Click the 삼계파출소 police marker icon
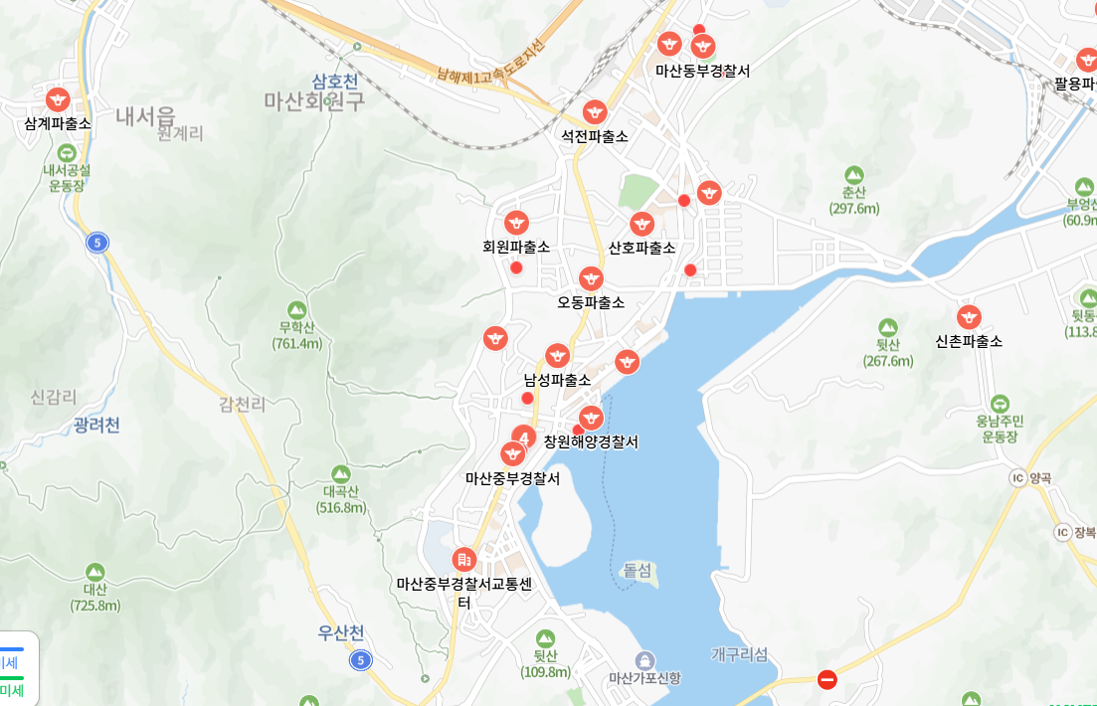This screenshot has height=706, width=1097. coord(58,99)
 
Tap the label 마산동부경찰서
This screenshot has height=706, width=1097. coord(702,71)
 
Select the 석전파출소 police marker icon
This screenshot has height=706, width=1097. coord(595,112)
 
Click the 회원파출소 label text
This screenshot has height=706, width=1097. coord(516,247)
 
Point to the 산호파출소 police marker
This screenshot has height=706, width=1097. coord(641,224)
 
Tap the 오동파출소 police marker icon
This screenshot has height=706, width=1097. coord(591,278)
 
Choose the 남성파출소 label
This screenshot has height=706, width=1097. coord(557,380)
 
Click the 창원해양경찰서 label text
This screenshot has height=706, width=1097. coord(591,441)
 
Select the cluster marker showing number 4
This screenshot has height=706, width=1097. coord(524,437)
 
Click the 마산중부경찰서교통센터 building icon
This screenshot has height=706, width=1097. coord(463,560)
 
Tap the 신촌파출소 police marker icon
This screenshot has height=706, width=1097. coord(969,317)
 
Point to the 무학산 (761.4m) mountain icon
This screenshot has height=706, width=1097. coord(296,309)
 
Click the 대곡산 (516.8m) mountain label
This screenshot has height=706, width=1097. coord(341,499)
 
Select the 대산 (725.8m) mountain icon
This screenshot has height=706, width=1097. coord(94,572)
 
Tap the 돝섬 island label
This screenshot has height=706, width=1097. coord(638,570)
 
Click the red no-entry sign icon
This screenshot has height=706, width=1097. coord(826,679)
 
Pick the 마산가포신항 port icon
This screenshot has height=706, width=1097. coord(645,659)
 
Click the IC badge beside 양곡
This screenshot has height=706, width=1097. coord(1017,478)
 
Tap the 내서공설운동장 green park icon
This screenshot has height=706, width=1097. coord(67,153)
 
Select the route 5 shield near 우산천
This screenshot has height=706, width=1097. coord(360,659)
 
